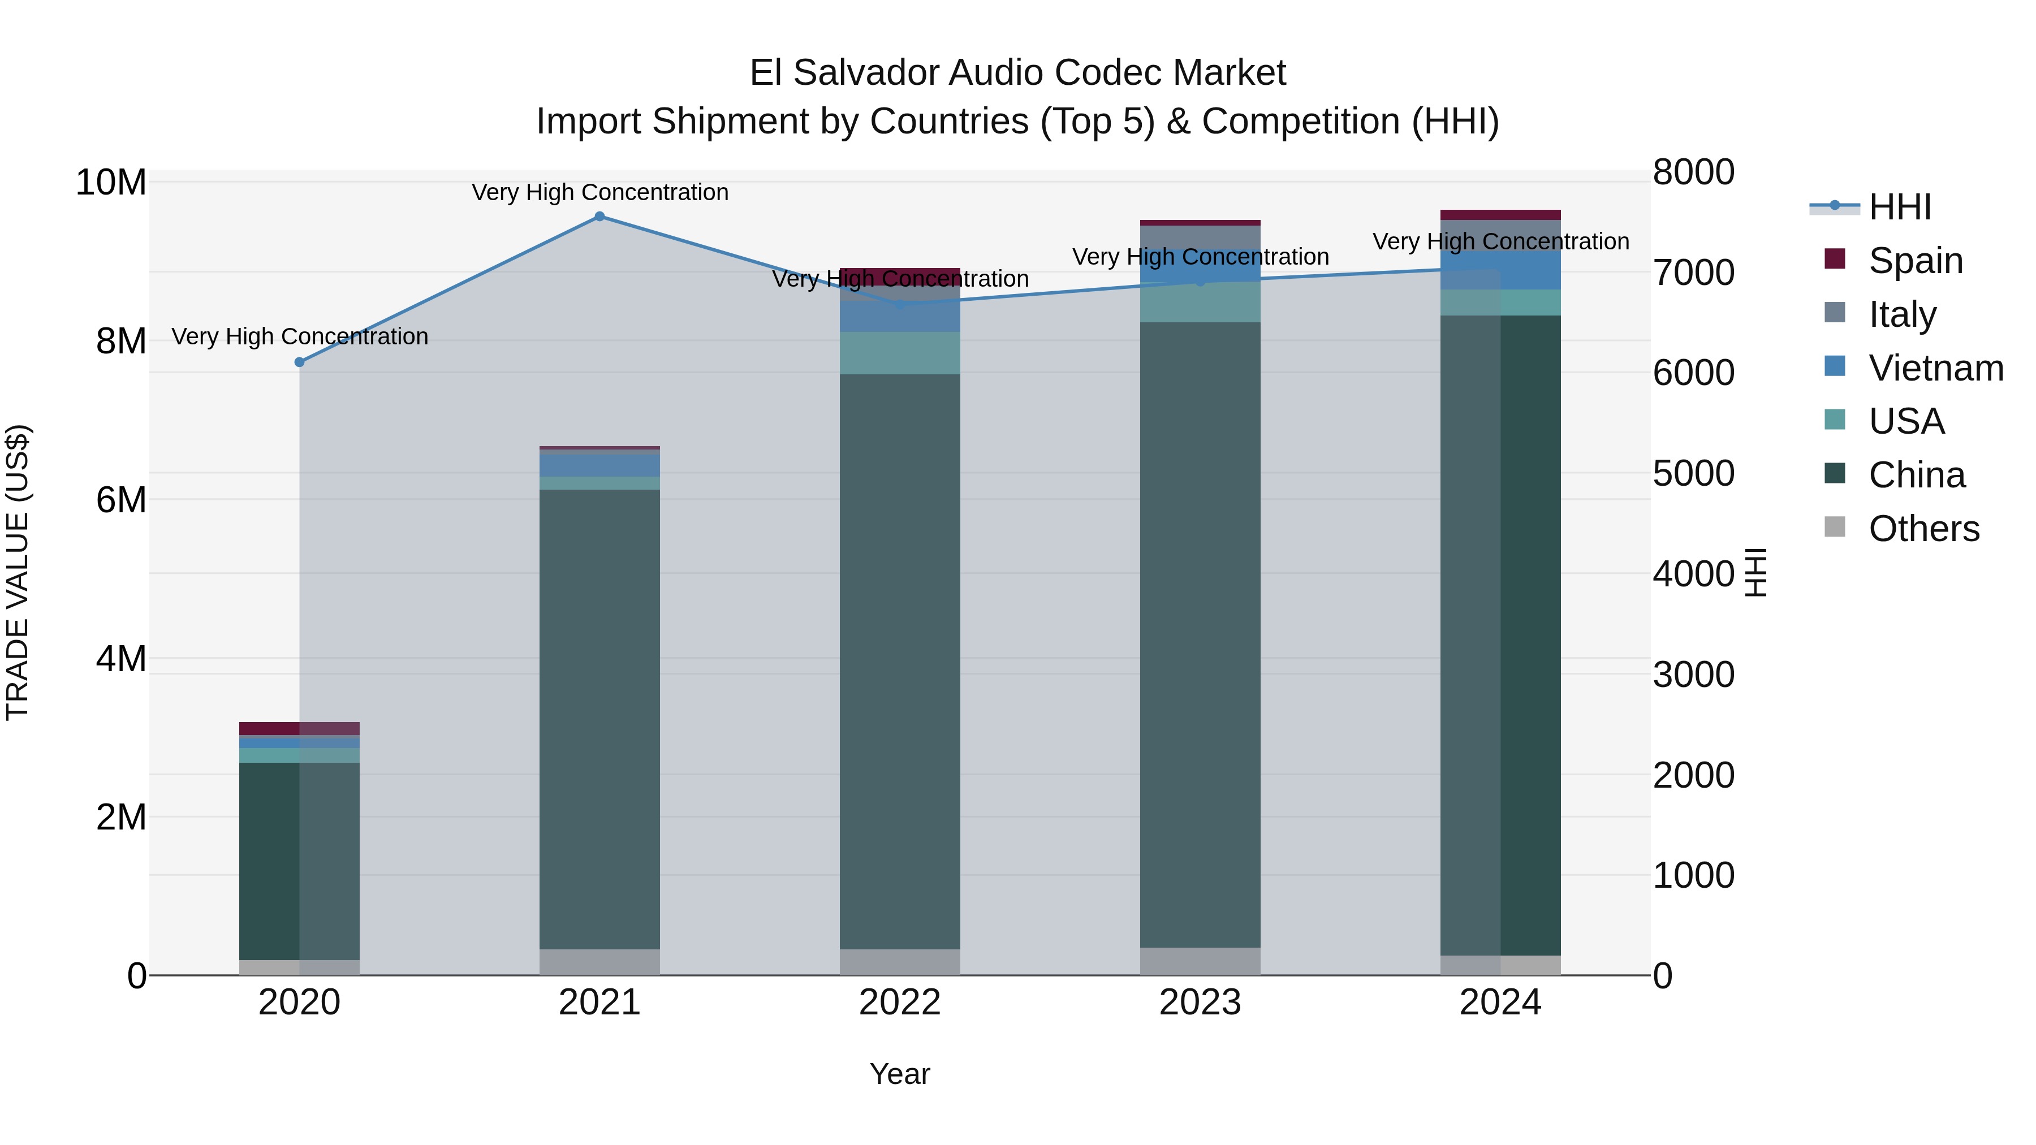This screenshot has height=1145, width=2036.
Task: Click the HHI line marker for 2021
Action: click(x=599, y=217)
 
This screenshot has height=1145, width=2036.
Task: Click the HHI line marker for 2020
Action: click(x=300, y=362)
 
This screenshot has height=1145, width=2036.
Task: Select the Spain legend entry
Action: click(x=1915, y=261)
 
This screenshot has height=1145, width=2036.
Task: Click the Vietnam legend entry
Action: click(x=1935, y=368)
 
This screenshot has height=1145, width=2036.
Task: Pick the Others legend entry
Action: click(x=1923, y=529)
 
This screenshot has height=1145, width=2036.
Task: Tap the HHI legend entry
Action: click(x=1899, y=207)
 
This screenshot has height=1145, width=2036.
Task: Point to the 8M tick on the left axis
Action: click(x=121, y=342)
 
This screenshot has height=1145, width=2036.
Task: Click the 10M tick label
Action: click(x=111, y=183)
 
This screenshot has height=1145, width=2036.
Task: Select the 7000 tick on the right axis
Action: click(x=1693, y=273)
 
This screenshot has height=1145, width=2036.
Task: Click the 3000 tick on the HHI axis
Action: click(x=1693, y=674)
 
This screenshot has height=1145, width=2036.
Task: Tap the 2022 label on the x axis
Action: click(x=899, y=1003)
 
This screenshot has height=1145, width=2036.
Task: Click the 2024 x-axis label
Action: click(x=1499, y=1003)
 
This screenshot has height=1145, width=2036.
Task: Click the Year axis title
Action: click(x=899, y=1074)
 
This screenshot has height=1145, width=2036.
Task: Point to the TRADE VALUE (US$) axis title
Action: click(x=18, y=572)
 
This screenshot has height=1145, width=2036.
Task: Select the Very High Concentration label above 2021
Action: click(x=600, y=192)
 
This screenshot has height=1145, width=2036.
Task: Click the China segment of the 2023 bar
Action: click(x=1200, y=632)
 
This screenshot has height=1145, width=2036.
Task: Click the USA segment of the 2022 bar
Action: click(x=899, y=353)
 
